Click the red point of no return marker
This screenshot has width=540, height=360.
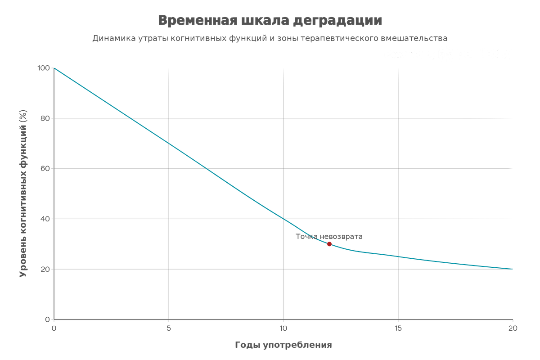point(329,244)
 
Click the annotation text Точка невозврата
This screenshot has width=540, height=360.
point(329,236)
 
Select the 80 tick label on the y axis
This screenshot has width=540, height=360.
point(46,118)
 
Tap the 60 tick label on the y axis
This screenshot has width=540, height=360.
point(46,168)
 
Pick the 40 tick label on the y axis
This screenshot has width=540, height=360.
point(46,219)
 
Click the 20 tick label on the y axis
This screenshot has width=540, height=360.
point(46,269)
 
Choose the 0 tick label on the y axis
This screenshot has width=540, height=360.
point(48,319)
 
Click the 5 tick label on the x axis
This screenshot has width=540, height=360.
point(169,328)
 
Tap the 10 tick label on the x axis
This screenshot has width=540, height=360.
point(283,328)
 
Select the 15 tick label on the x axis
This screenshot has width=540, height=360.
point(398,328)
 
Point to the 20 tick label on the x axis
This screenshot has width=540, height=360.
point(513,328)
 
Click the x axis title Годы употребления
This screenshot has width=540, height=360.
point(283,345)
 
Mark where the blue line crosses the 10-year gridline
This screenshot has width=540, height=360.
point(283,219)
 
